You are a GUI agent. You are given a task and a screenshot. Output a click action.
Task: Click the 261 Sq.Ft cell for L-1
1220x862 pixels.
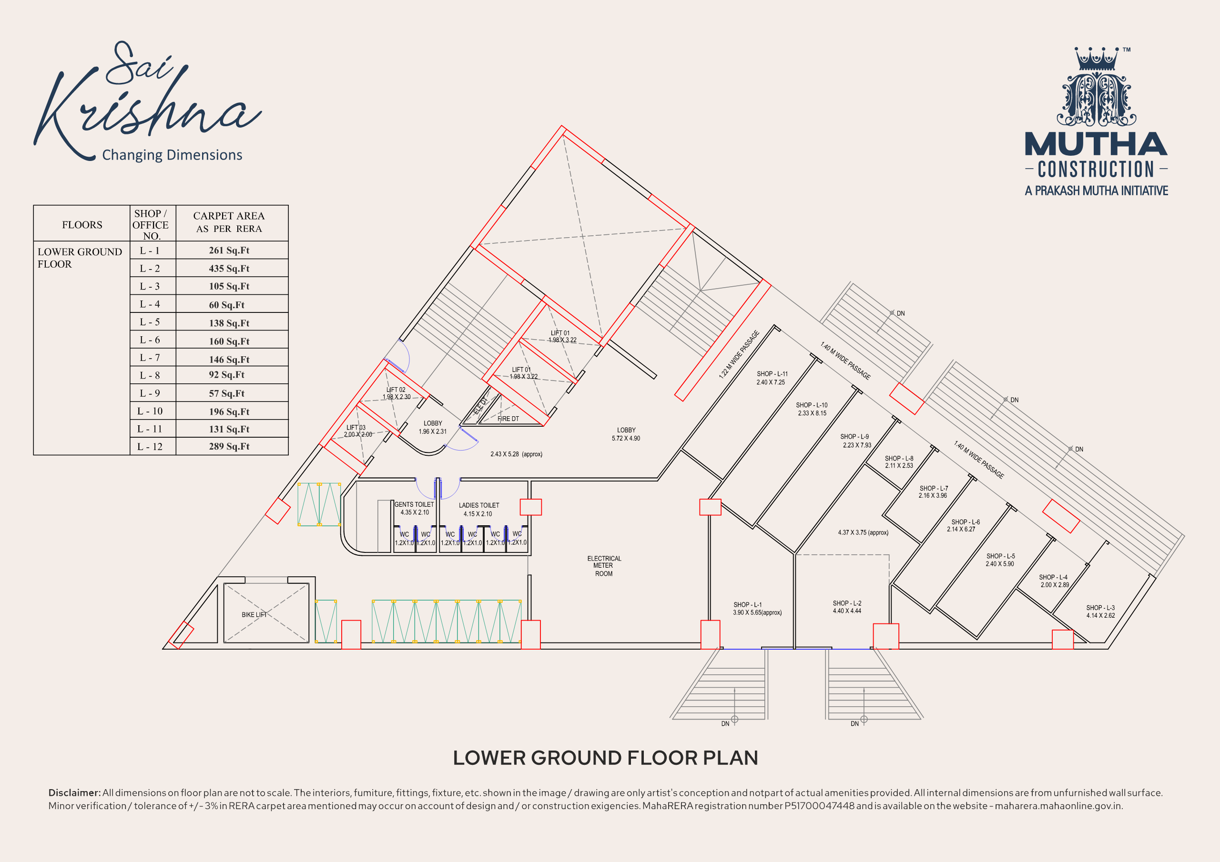click(229, 250)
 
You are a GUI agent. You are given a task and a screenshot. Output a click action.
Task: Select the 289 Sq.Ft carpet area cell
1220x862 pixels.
click(229, 446)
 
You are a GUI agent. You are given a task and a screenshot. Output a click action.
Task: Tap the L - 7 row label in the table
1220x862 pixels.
click(150, 358)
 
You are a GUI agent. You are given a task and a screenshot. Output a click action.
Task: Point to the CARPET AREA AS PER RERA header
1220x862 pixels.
click(229, 222)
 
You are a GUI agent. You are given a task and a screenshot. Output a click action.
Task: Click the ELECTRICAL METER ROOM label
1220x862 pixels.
click(604, 566)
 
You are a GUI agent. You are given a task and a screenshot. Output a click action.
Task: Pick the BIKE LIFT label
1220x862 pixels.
click(254, 614)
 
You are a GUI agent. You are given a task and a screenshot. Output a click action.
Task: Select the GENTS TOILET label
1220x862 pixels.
click(414, 504)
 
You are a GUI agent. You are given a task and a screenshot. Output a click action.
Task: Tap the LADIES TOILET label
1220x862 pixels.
click(479, 505)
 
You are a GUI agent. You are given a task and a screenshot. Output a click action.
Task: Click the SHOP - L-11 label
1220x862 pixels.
click(772, 374)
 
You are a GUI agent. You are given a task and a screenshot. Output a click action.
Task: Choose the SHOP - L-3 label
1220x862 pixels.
click(1100, 608)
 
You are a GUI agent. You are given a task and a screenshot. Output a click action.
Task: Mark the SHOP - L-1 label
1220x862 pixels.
click(748, 604)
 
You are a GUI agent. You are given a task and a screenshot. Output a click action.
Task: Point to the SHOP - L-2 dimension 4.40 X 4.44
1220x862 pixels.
click(847, 611)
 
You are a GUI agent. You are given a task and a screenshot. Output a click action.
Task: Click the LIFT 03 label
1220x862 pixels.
click(356, 428)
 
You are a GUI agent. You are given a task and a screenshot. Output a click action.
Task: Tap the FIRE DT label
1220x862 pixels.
click(508, 419)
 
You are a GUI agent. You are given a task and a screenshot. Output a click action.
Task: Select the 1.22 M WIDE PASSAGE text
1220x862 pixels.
click(739, 354)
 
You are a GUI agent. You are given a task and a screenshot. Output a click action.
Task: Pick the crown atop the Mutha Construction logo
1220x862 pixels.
click(1096, 59)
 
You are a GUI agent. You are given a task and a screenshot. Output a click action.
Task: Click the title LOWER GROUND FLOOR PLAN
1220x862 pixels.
click(605, 758)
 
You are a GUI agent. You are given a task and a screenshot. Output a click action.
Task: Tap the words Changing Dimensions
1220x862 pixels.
click(172, 155)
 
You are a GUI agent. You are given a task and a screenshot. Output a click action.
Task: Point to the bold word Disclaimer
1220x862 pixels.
click(74, 792)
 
